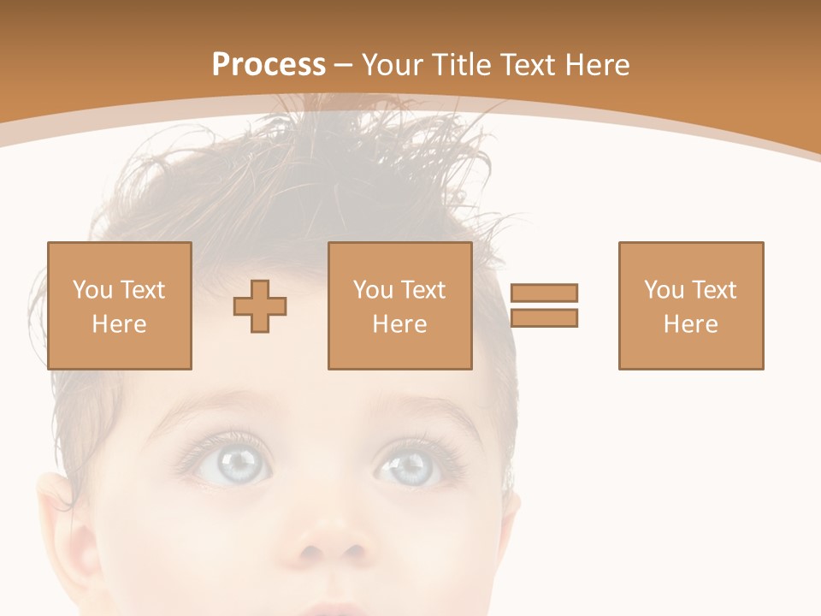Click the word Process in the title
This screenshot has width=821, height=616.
pos(269,65)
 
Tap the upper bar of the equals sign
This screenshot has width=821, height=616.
pos(544,293)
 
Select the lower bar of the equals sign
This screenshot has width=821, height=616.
pos(544,318)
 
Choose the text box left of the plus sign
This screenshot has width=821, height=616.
pos(119,305)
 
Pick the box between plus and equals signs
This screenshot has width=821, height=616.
pos(399,305)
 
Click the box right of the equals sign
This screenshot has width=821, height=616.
pos(690,305)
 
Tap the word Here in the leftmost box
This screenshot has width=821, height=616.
pos(119,324)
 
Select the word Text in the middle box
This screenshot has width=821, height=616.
pos(422,290)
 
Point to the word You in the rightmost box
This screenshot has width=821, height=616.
pos(664,290)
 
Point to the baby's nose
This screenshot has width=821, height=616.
pos(334,539)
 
